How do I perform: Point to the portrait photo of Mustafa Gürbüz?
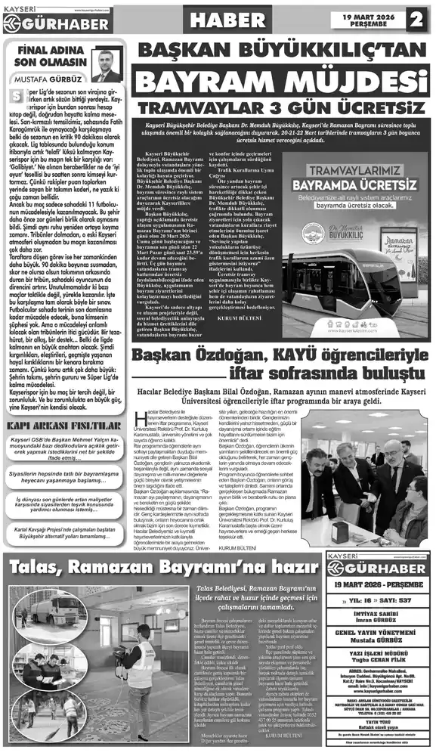click(x=107, y=64)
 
